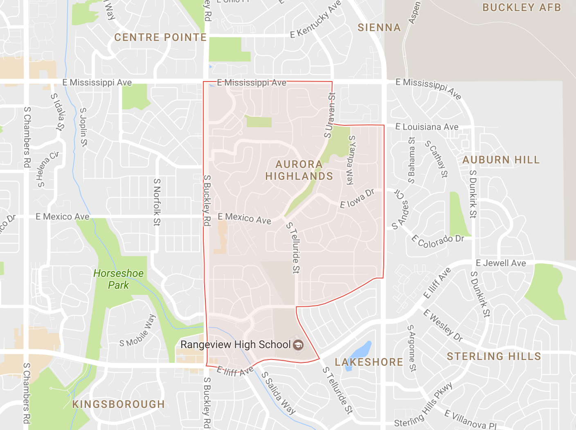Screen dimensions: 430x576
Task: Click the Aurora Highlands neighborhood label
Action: (x=299, y=170)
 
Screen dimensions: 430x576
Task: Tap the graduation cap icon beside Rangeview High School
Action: (x=299, y=345)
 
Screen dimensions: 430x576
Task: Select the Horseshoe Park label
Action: (x=118, y=279)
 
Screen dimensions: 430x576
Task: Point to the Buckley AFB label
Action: (x=522, y=7)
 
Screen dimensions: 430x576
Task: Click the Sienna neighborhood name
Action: (x=379, y=27)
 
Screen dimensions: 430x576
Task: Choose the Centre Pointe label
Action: (x=160, y=37)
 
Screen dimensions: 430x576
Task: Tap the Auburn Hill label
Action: (x=501, y=160)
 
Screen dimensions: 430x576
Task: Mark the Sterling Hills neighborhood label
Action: (x=494, y=356)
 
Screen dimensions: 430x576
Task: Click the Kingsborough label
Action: (x=119, y=404)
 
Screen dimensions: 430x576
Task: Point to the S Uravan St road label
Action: (x=330, y=115)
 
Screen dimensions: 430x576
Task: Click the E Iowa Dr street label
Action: (x=357, y=199)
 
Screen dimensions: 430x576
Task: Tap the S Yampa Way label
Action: (x=351, y=160)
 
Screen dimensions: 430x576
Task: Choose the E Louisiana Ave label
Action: (x=427, y=127)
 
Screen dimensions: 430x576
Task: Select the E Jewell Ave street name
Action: (x=501, y=263)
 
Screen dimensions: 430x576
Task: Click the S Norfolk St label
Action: (x=157, y=202)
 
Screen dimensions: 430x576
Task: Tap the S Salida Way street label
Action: (x=278, y=393)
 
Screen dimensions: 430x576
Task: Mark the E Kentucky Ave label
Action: (x=315, y=20)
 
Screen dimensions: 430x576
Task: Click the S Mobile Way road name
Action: (x=138, y=331)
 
